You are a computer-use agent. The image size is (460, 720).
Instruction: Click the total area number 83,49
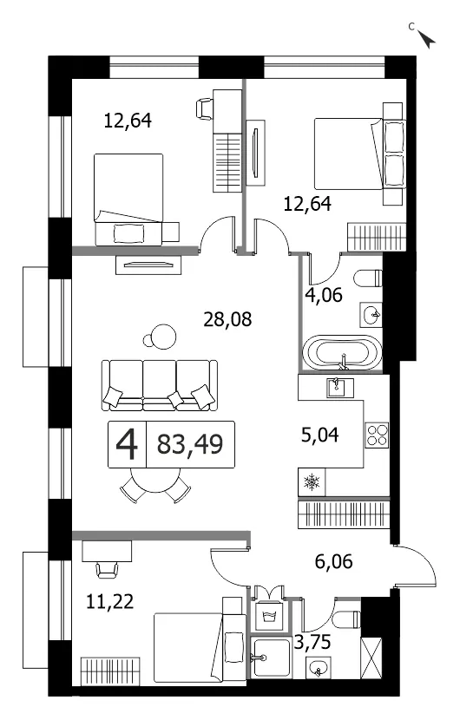click(x=190, y=444)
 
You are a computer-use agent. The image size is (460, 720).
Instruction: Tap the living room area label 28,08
click(x=227, y=319)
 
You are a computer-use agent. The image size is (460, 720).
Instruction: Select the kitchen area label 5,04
click(x=320, y=435)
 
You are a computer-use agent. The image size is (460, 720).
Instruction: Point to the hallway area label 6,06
click(x=333, y=560)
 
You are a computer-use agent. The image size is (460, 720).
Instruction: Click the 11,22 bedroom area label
click(x=110, y=600)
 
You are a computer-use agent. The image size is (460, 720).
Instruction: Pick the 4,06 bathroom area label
click(x=324, y=294)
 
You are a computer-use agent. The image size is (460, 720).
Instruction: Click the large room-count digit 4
click(x=127, y=444)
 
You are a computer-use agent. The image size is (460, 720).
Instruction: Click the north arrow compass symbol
click(x=428, y=40)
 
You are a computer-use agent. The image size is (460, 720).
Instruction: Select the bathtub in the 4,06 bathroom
click(x=344, y=353)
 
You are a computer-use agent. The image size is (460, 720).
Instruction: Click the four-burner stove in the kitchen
click(x=377, y=435)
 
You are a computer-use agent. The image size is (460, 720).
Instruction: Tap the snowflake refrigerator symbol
click(x=312, y=482)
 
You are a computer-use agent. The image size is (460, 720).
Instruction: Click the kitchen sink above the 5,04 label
click(x=339, y=388)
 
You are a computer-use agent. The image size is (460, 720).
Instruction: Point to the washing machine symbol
click(x=269, y=613)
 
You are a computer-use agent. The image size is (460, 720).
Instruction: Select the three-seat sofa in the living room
click(x=159, y=385)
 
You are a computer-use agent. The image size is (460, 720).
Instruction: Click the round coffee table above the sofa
click(x=164, y=336)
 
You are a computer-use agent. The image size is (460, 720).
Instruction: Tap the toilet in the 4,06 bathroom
click(x=368, y=278)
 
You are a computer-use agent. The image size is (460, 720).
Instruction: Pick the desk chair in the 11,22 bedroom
click(x=107, y=570)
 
